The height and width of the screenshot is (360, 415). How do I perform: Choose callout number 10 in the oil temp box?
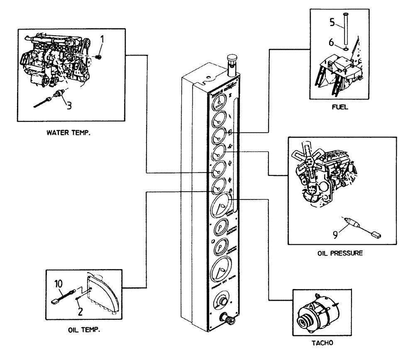[59, 284]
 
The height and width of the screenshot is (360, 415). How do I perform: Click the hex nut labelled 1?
[99, 57]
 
